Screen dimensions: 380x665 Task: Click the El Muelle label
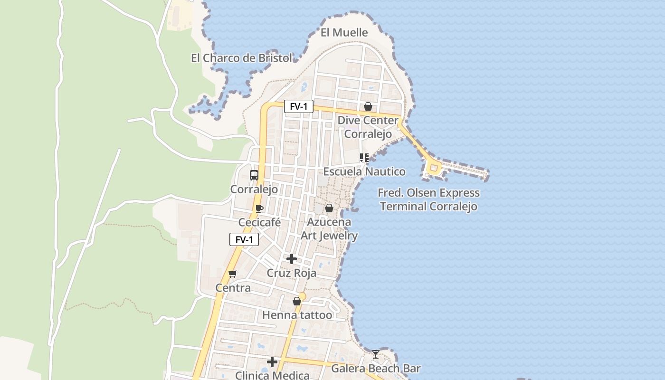click(x=344, y=33)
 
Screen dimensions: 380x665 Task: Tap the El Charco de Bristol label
click(x=241, y=58)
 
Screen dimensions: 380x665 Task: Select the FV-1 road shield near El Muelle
click(x=299, y=106)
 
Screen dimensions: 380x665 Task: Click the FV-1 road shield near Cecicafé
click(x=244, y=239)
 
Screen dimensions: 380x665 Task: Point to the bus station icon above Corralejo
click(x=254, y=175)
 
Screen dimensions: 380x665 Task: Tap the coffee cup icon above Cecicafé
click(x=259, y=209)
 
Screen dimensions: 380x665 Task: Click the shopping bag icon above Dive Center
click(x=368, y=106)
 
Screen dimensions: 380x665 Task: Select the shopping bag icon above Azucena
click(x=329, y=208)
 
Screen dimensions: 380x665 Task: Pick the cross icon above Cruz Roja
click(x=292, y=259)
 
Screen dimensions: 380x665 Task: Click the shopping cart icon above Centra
click(x=232, y=274)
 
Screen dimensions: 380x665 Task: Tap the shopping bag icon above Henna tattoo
click(x=297, y=301)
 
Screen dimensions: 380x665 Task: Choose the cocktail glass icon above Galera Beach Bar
click(x=376, y=354)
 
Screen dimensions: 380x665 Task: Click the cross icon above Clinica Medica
click(x=272, y=362)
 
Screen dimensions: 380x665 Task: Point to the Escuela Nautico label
click(x=364, y=171)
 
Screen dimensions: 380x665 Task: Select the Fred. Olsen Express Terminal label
click(x=428, y=199)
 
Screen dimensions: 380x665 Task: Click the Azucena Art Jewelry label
click(x=329, y=228)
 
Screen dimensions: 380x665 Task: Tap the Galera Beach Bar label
click(x=376, y=368)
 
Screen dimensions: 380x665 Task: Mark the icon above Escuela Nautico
click(x=364, y=157)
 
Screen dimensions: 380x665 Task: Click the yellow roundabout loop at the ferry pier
click(x=433, y=168)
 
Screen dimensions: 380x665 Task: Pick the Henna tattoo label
click(x=297, y=315)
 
